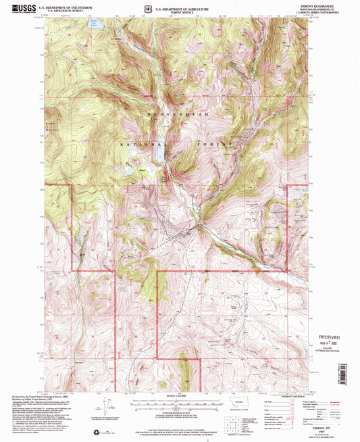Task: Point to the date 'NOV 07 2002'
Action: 329,343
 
